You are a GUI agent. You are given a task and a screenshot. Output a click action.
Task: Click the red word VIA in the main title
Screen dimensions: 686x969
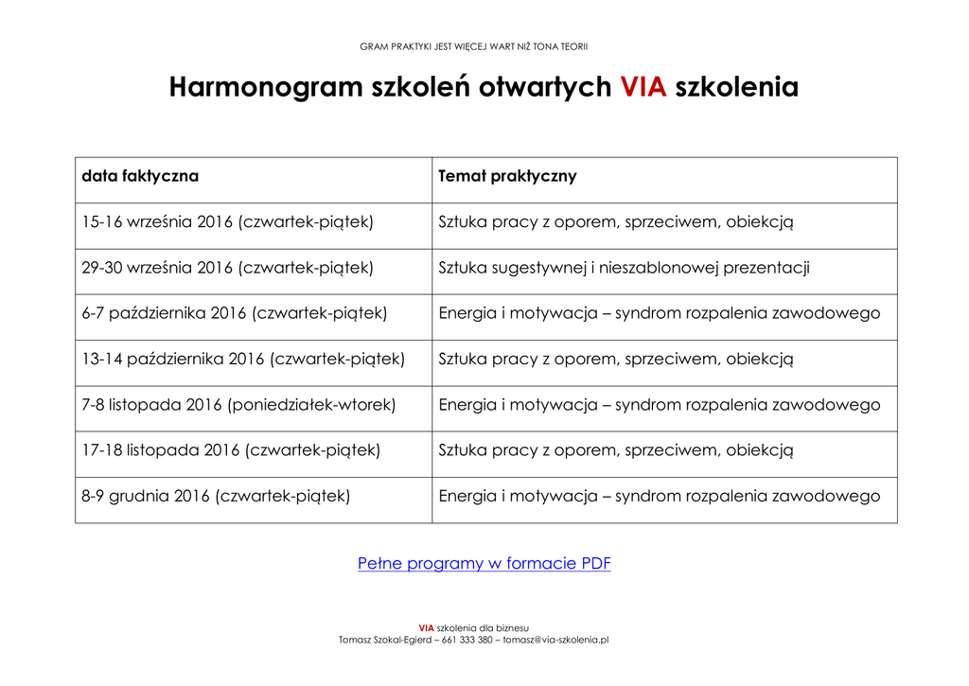643,87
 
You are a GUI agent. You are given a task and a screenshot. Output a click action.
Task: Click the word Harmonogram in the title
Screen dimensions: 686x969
266,87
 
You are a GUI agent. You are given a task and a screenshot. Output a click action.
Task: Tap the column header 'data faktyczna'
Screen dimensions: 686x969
140,176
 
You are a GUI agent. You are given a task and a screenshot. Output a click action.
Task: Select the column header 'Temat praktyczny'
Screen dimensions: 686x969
507,176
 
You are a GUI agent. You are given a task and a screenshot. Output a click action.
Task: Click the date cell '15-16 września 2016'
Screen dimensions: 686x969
227,222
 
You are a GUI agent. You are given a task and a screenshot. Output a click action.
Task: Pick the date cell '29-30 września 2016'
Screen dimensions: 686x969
227,268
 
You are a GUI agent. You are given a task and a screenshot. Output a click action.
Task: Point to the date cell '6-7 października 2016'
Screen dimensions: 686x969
234,313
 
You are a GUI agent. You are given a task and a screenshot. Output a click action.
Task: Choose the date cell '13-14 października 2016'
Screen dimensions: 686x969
242,359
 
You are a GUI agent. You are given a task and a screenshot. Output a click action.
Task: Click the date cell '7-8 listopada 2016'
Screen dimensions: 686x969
238,405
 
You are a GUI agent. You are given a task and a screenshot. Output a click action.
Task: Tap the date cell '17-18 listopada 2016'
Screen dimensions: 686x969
231,450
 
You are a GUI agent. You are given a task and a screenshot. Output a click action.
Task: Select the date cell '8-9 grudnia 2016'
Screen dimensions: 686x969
216,496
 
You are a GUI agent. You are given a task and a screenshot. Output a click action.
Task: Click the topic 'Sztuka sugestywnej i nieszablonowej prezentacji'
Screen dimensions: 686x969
624,268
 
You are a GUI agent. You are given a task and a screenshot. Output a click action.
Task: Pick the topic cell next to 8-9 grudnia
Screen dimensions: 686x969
659,496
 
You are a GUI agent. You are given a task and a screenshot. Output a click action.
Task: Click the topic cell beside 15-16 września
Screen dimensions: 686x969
615,222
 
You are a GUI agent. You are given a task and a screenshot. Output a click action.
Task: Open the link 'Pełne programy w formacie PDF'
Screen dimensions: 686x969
484,564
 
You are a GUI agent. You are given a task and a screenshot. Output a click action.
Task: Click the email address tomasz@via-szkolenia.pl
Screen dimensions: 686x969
555,640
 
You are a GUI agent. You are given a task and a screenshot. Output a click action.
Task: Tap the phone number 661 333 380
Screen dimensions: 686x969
467,640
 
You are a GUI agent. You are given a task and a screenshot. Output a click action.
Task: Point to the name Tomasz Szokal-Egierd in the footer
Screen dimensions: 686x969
386,640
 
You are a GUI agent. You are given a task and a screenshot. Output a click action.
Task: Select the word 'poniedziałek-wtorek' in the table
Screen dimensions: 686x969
312,405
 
